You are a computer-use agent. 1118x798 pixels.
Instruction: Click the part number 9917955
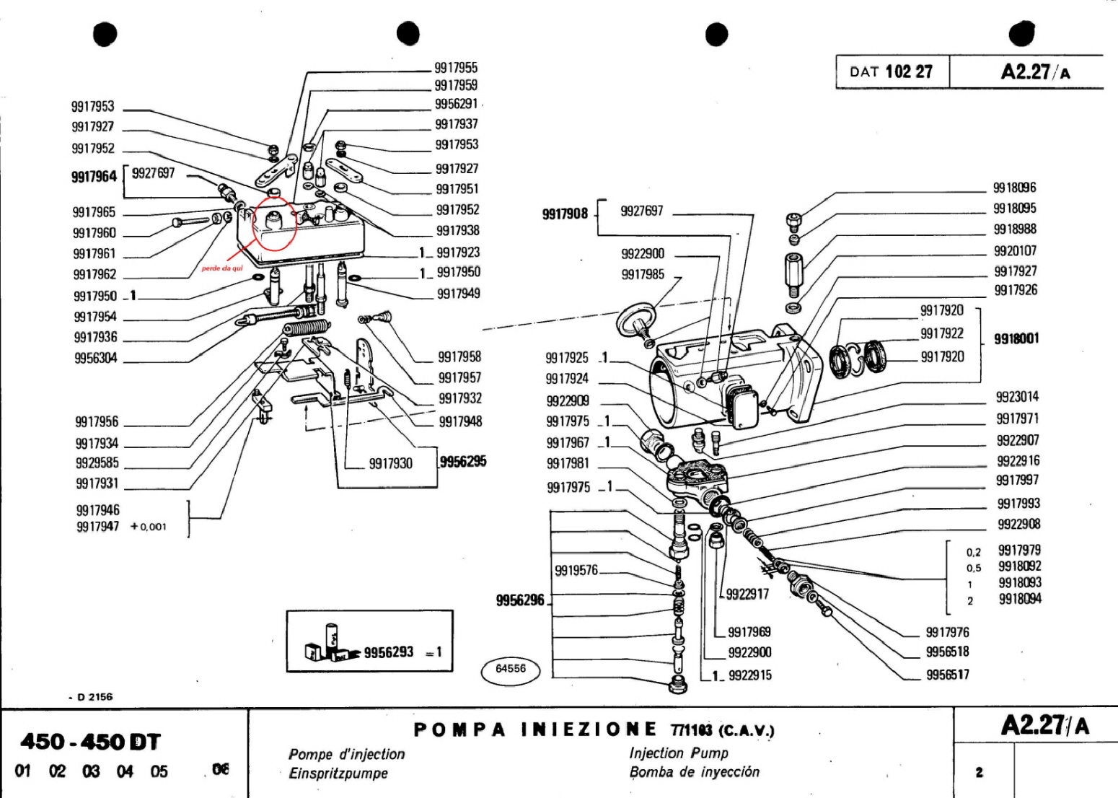(455, 68)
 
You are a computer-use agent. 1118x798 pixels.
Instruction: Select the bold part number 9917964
(94, 177)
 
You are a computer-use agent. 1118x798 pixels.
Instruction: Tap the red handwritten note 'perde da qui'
(222, 268)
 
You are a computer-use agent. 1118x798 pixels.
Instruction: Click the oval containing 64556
(511, 669)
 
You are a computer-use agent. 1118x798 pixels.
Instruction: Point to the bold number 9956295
(463, 461)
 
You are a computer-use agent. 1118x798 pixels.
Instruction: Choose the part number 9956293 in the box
(389, 652)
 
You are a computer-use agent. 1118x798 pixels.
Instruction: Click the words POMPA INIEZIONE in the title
(535, 729)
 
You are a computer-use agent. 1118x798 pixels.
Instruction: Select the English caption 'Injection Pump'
(679, 753)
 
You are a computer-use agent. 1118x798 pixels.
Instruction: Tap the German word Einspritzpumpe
(338, 773)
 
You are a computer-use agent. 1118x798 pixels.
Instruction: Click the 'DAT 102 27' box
(892, 71)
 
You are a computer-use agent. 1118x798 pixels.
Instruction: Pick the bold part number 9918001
(1016, 338)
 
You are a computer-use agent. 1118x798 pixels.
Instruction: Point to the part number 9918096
(1014, 188)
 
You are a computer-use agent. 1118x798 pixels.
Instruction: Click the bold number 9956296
(520, 600)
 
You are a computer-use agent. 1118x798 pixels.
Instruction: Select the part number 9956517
(947, 675)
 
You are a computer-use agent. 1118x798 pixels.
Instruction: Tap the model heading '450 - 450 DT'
(90, 742)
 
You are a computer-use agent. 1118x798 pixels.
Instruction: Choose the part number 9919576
(576, 571)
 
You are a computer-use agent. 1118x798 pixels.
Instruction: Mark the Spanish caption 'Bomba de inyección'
(694, 772)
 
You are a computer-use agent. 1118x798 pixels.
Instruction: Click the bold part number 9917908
(565, 214)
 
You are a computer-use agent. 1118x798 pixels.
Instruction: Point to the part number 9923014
(1017, 397)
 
